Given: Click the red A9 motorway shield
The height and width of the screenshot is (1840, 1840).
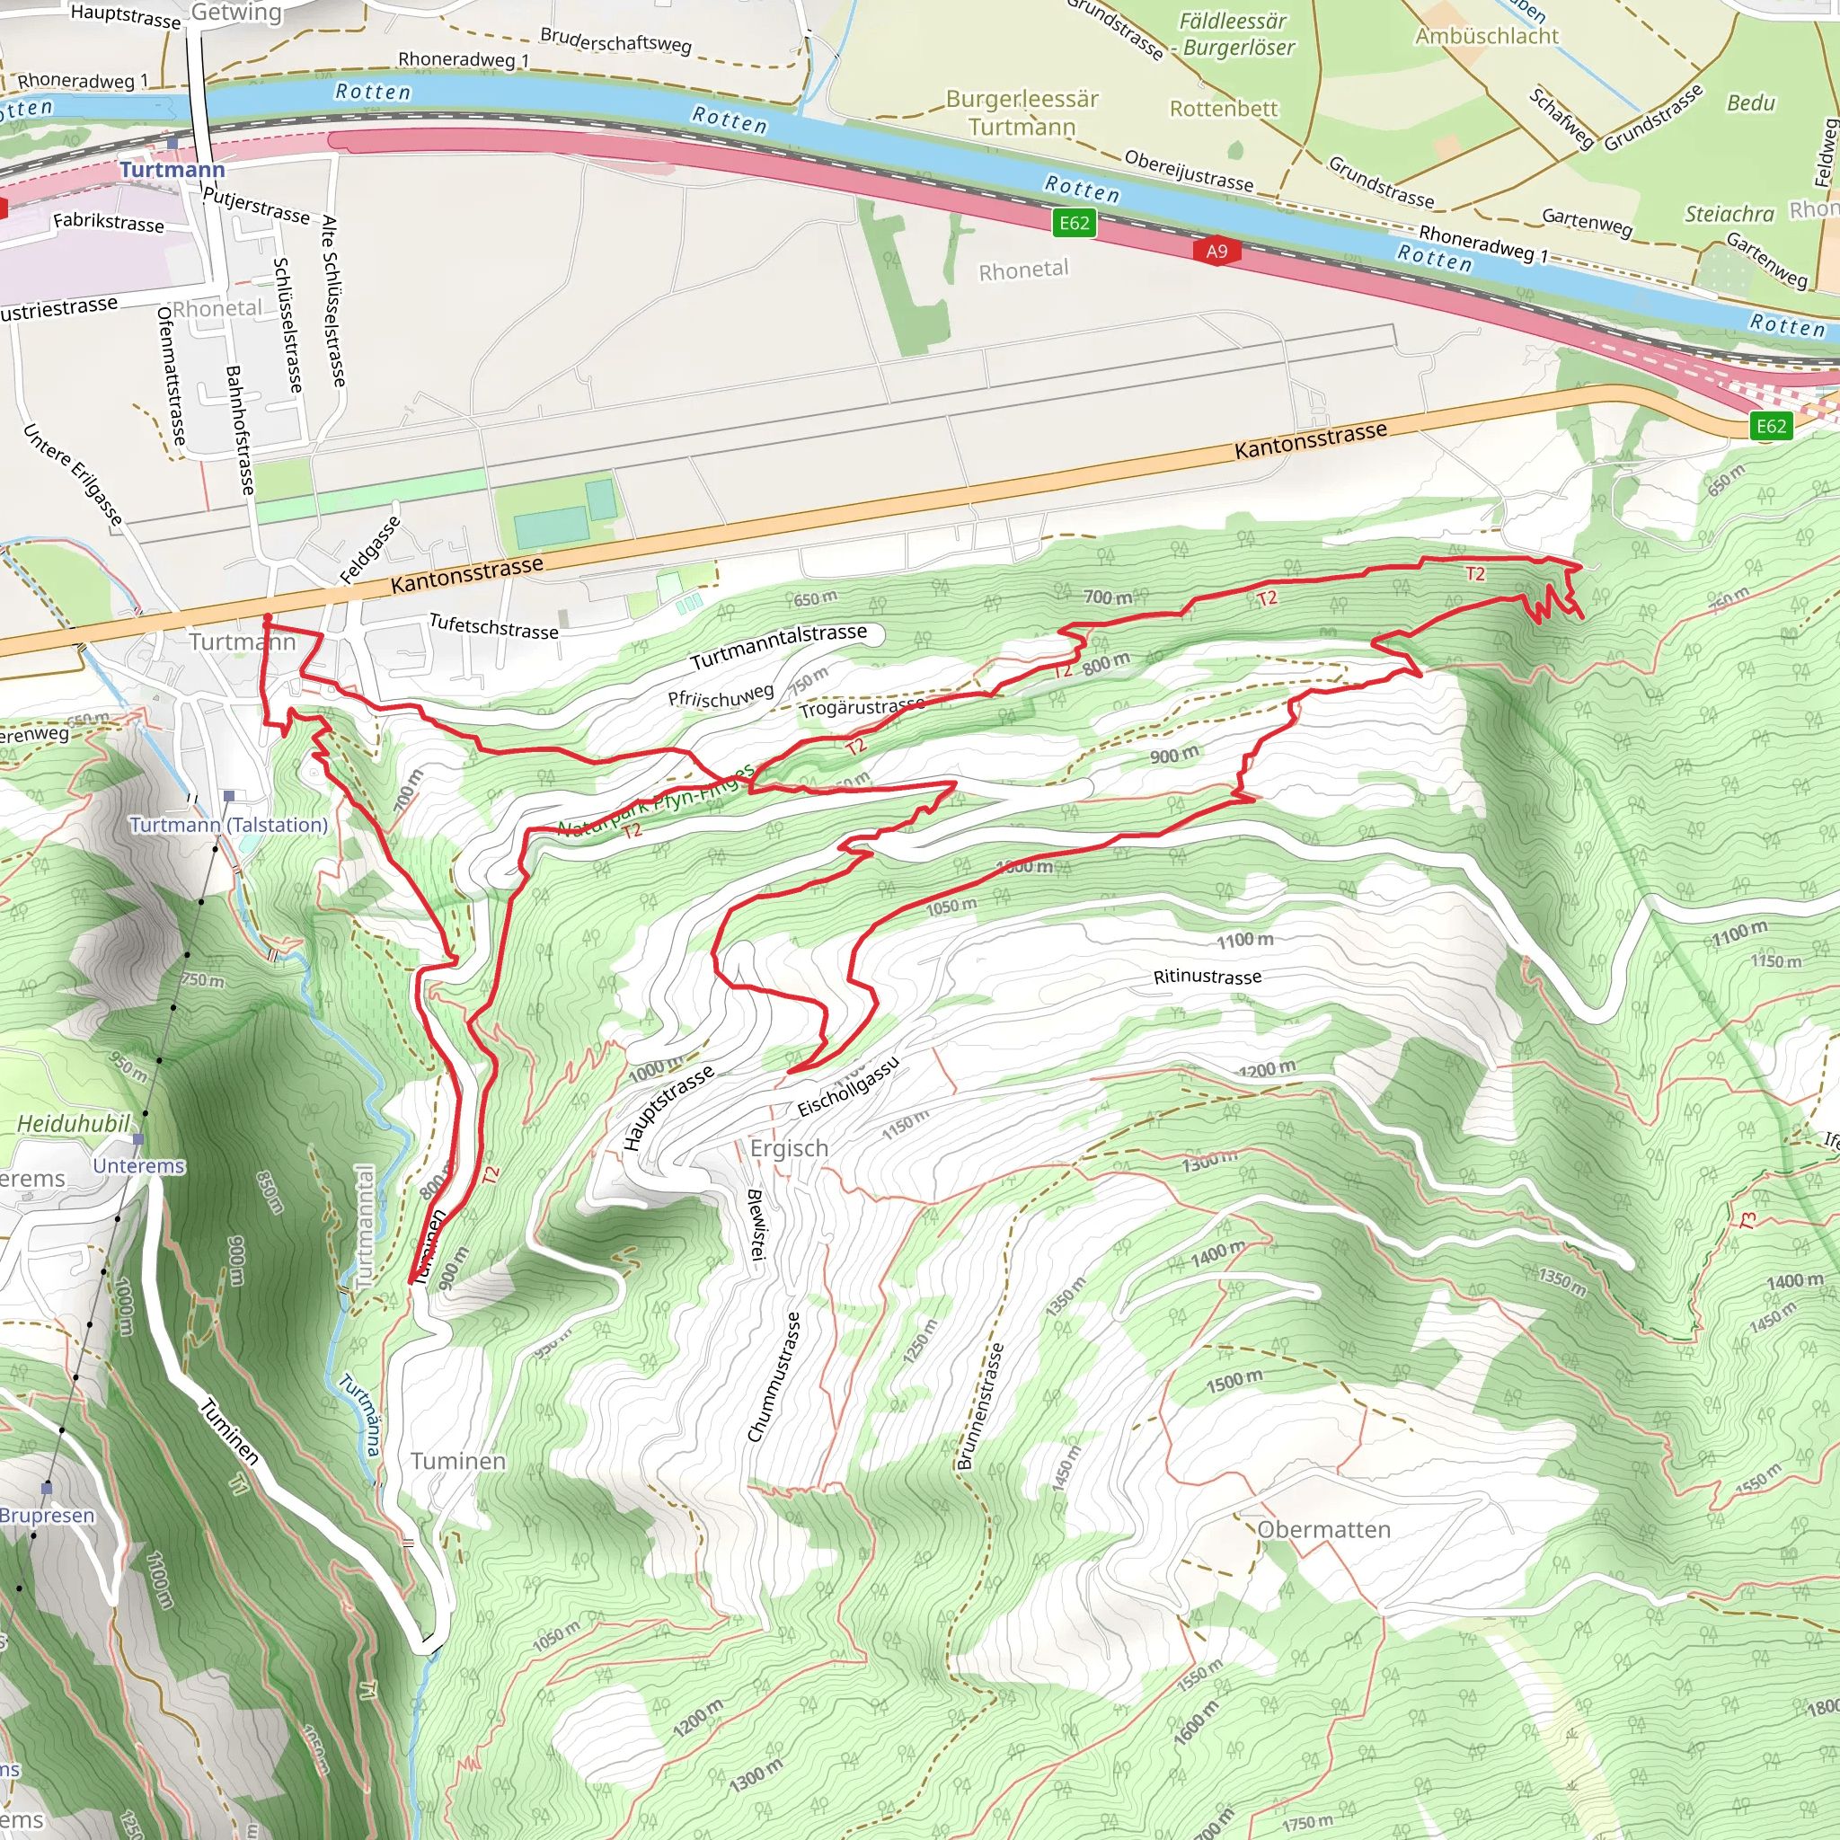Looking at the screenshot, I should coord(1216,252).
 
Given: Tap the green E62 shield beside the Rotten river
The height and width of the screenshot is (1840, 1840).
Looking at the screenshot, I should coord(1074,223).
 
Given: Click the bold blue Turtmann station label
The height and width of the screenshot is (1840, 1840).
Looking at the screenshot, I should coord(172,170).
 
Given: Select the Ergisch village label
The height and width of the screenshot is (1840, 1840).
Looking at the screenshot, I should coord(789,1148).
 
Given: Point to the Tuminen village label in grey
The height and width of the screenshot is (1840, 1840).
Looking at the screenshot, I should coord(458,1461).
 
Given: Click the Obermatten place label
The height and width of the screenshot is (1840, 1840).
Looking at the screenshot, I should coord(1323,1529).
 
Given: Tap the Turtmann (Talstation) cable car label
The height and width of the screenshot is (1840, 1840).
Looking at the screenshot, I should coord(228,825).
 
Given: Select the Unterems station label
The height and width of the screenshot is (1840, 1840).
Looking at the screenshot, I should coord(139,1165).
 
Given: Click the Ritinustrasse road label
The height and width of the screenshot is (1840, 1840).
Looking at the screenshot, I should coord(1207,977).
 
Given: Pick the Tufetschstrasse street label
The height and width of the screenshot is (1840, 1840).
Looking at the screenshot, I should coord(493,627).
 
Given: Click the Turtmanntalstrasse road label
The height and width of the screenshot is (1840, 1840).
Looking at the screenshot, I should coord(778,647).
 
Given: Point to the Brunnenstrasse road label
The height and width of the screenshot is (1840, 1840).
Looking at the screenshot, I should coord(980,1407).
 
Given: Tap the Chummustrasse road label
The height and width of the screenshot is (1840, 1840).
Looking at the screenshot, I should coord(774,1377).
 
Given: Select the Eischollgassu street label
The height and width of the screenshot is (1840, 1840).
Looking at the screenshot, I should coord(847,1088).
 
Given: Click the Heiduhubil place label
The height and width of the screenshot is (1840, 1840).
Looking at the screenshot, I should coord(74,1124).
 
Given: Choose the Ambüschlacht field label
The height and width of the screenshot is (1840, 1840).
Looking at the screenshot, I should coord(1486,36).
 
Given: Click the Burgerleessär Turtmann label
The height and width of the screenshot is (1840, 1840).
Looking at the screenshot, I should coord(1021,112).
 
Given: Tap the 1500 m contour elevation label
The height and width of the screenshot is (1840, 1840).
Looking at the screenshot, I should coord(1234,1381).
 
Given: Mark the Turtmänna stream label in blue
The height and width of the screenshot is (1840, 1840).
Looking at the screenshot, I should coord(361,1415).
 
